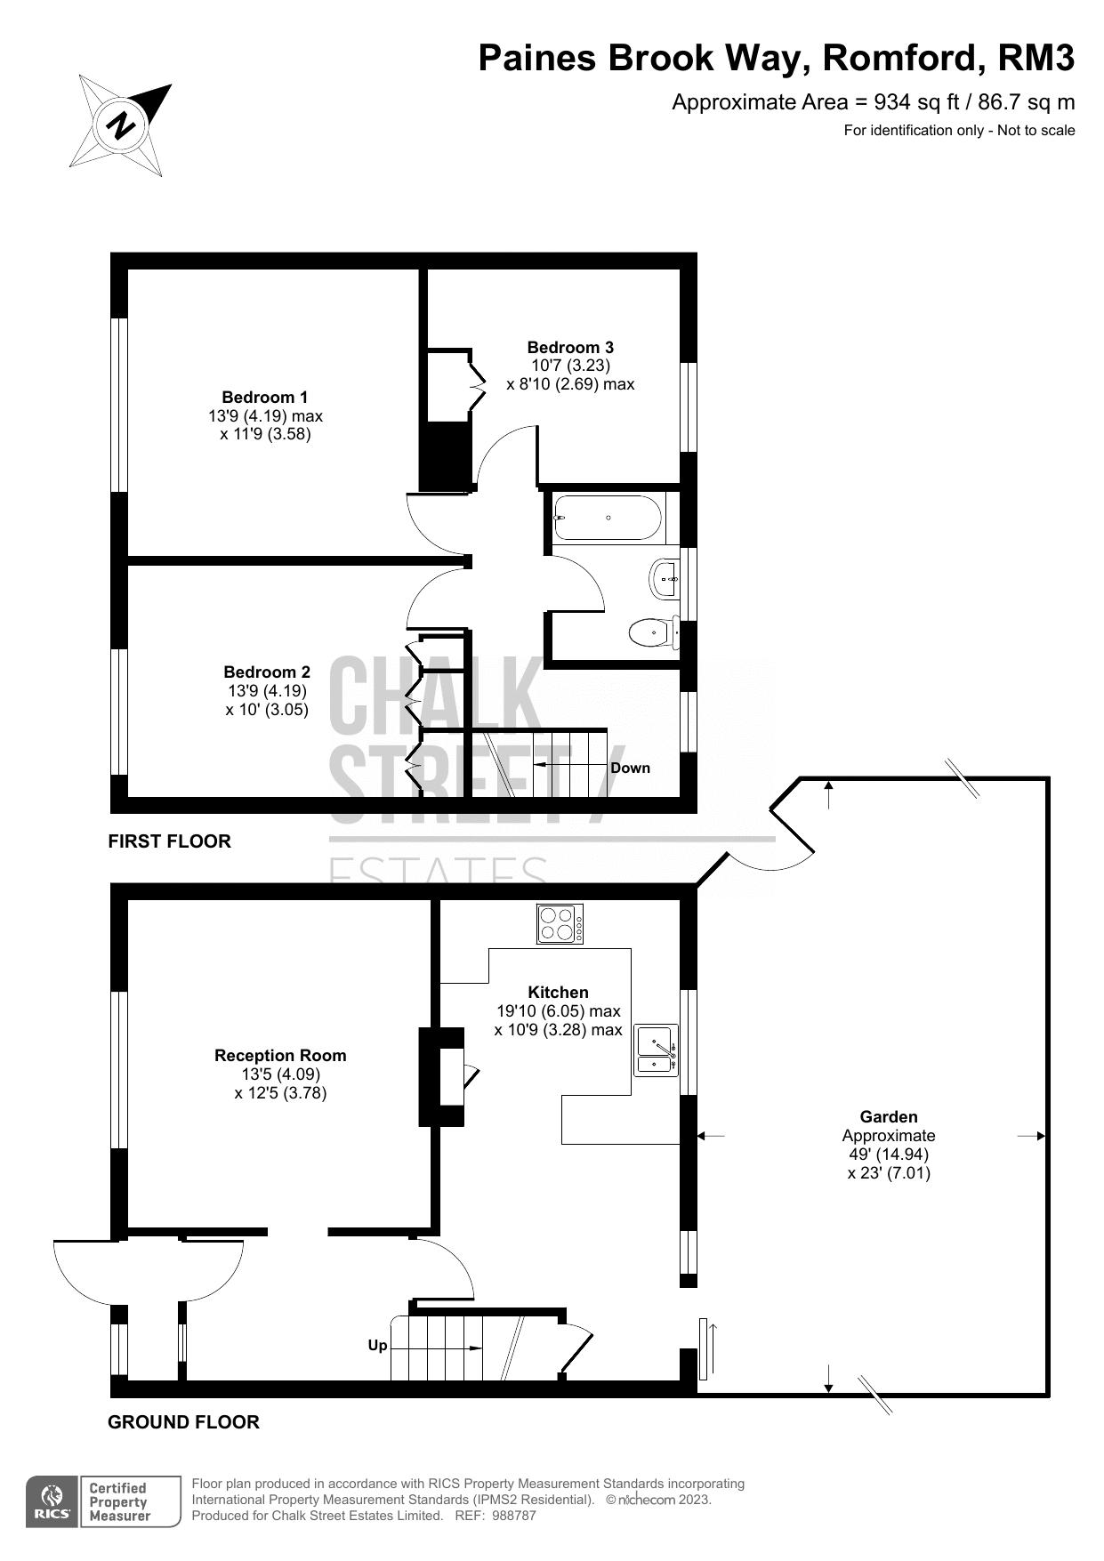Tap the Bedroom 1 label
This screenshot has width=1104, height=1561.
pos(264,397)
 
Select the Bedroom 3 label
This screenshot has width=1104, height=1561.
pos(570,347)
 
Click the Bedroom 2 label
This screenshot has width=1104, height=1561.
pos(267,672)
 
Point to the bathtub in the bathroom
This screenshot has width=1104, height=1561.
pos(608,518)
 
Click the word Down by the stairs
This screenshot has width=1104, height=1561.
pos(630,768)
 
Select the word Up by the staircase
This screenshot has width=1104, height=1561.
pos(377,1345)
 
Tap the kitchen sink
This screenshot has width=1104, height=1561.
pos(655,1050)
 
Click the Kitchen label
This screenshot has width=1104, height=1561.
pos(558,992)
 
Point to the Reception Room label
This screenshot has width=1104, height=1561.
pos(280,1055)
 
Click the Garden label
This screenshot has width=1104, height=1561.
pos(888,1116)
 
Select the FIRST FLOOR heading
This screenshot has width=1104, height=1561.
pos(169,841)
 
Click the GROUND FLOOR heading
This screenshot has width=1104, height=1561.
pos(183,1421)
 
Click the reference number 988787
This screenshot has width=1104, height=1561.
pos(513,1515)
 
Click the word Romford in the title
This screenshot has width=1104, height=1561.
pos(901,58)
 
